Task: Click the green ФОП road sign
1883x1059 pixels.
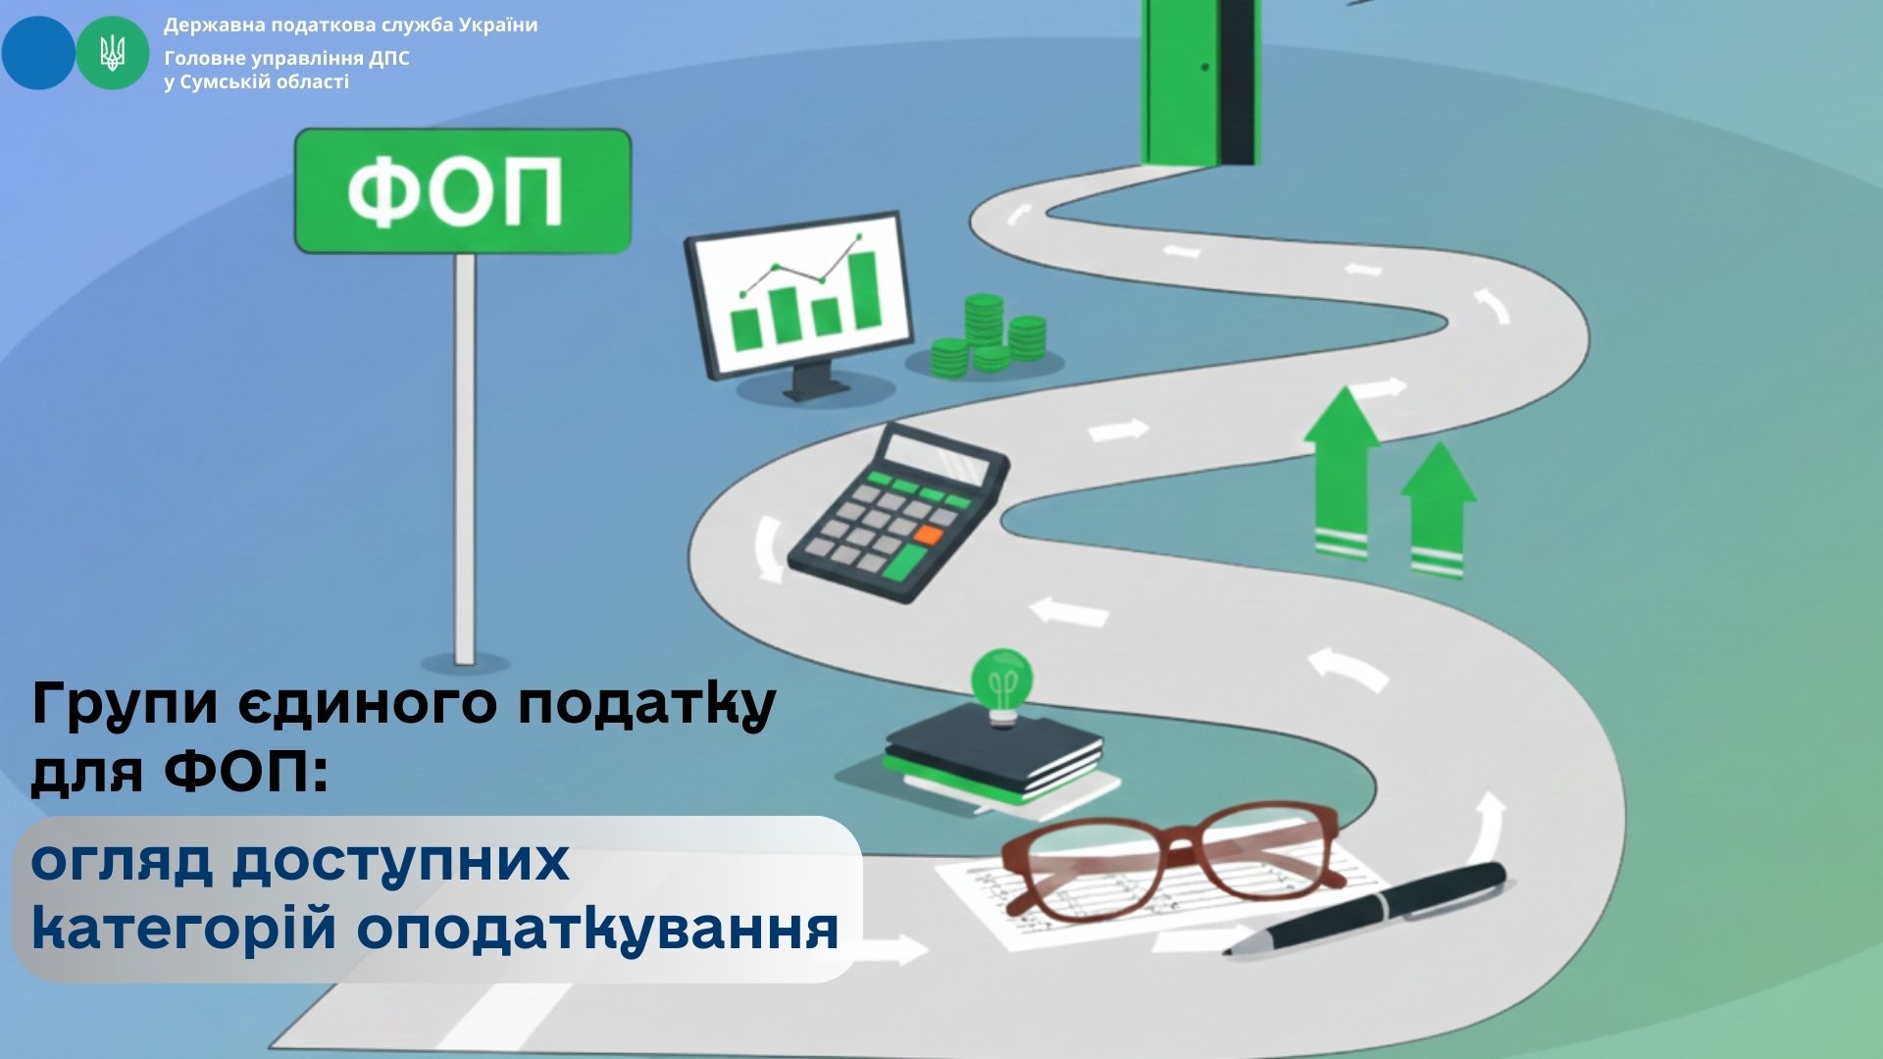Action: click(463, 190)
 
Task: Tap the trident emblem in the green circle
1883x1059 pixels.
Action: click(113, 52)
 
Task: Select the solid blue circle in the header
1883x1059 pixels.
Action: click(38, 53)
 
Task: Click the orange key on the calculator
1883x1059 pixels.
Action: click(928, 535)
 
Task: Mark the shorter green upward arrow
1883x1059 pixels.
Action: click(1438, 509)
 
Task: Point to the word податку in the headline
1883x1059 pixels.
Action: click(646, 703)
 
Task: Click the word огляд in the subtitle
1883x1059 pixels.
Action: click(122, 861)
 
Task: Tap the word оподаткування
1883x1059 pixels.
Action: click(597, 928)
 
